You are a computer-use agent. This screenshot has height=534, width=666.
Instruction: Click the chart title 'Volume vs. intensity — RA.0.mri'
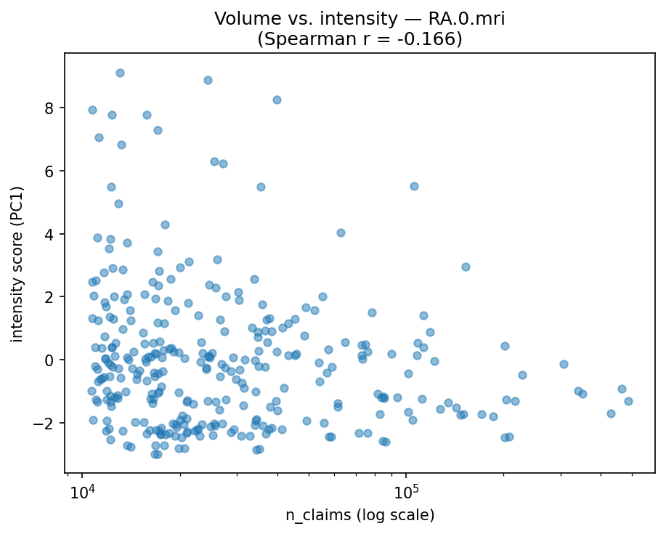(x=360, y=20)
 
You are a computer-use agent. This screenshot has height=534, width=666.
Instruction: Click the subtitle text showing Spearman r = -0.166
(x=360, y=39)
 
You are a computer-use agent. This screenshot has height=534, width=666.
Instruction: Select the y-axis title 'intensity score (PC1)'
(x=17, y=264)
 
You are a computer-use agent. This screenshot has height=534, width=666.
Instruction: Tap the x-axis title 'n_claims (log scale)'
(x=360, y=515)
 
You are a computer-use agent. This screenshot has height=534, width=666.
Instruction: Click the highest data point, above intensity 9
(x=120, y=73)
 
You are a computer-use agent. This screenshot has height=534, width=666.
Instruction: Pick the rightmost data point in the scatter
(x=628, y=401)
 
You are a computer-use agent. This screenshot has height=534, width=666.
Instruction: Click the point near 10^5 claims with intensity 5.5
(x=414, y=186)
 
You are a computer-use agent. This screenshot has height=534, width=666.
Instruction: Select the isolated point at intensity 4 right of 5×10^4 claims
(x=341, y=232)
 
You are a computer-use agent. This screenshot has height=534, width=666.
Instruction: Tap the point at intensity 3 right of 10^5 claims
(x=466, y=267)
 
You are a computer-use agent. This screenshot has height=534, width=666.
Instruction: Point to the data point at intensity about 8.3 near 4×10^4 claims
(x=277, y=100)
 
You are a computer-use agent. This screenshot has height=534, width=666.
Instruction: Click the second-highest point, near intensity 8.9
(x=208, y=80)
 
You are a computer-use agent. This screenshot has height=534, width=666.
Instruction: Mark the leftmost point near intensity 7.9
(x=92, y=110)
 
